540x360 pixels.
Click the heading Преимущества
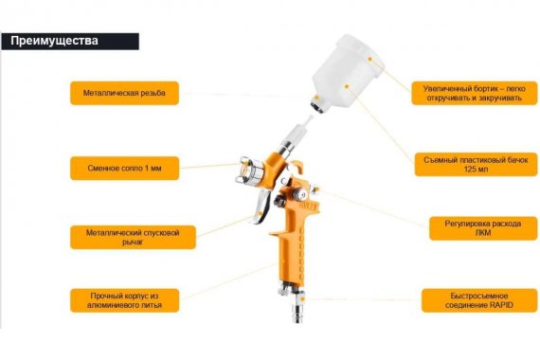pyautogui.click(x=54, y=41)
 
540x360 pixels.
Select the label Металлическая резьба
pyautogui.click(x=124, y=93)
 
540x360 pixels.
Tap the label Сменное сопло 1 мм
pyautogui.click(x=124, y=168)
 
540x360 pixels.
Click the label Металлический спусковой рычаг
pyautogui.click(x=133, y=237)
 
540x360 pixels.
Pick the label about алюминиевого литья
pyautogui.click(x=124, y=300)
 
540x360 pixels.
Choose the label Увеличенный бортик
pyautogui.click(x=475, y=93)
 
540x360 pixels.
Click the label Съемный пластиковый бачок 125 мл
pyautogui.click(x=476, y=164)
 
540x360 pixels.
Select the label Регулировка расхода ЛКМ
pyautogui.click(x=483, y=228)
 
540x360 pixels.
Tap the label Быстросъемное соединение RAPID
pyautogui.click(x=479, y=300)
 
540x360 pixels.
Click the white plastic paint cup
pyautogui.click(x=346, y=72)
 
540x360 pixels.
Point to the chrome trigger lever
pyautogui.click(x=261, y=206)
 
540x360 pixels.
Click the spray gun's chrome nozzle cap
pyautogui.click(x=250, y=171)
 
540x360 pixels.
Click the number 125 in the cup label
pyautogui.click(x=470, y=169)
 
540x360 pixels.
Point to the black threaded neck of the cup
pyautogui.click(x=316, y=104)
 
